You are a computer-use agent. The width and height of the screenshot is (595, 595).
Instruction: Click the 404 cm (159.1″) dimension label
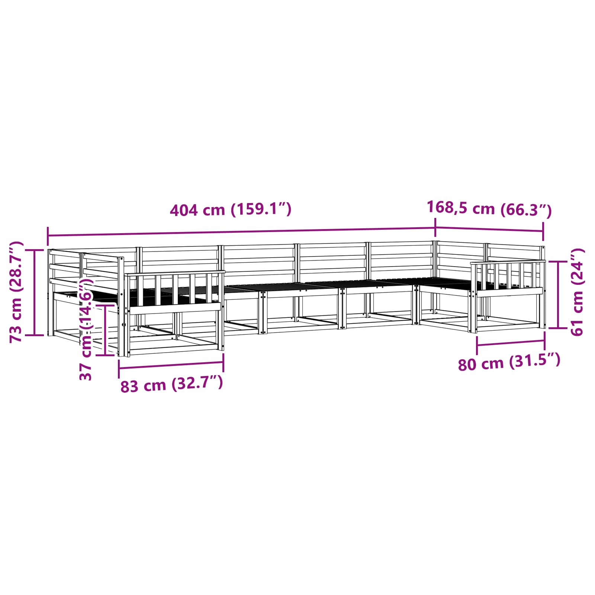[x=231, y=209]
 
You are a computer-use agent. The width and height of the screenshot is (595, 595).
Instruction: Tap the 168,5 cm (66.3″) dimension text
[x=489, y=209]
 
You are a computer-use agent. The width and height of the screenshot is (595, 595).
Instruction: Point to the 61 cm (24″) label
[x=577, y=292]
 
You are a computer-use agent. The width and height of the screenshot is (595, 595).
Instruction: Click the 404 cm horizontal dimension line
[x=242, y=232]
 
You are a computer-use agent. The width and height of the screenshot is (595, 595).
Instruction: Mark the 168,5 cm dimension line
[x=489, y=229]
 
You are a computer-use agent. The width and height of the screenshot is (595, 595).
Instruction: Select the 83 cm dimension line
[x=171, y=366]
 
